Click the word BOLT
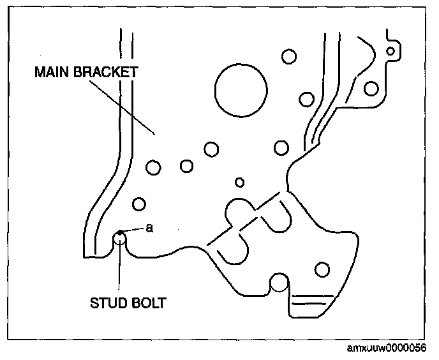149,303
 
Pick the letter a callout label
149,227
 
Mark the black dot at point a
119,231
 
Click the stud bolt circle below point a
120,240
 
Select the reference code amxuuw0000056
387,349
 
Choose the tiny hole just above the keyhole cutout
240,183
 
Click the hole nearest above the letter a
139,204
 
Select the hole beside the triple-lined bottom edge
322,269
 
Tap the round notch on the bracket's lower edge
279,281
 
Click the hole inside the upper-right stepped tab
371,87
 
